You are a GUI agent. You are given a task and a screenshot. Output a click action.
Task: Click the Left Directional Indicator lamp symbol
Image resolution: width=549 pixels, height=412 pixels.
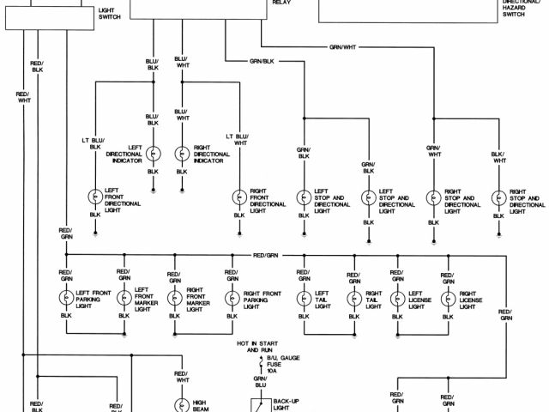(153, 154)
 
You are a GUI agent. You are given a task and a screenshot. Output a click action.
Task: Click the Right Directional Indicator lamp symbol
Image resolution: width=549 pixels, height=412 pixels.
(182, 154)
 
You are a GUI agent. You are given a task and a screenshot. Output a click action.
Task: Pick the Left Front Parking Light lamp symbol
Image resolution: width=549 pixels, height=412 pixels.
(65, 298)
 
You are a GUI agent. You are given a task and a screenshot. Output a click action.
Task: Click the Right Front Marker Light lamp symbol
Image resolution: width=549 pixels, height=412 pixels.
(175, 298)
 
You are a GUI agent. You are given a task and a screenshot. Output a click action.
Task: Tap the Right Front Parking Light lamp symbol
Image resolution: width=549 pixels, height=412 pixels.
(231, 298)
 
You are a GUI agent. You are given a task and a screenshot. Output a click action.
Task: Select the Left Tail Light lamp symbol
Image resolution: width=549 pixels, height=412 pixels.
(303, 298)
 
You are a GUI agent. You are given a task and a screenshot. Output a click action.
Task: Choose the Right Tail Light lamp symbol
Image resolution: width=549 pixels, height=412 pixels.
(353, 298)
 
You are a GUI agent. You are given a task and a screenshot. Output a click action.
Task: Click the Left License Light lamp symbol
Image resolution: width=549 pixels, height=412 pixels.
(396, 298)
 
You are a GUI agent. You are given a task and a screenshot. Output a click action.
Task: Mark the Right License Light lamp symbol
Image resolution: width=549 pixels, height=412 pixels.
(446, 298)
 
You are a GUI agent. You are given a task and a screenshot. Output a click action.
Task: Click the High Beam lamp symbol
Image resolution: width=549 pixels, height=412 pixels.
(181, 403)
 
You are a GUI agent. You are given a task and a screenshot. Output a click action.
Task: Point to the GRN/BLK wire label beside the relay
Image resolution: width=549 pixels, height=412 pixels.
(262, 61)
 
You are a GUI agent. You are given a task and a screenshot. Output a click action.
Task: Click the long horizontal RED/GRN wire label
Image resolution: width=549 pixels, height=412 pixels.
(266, 256)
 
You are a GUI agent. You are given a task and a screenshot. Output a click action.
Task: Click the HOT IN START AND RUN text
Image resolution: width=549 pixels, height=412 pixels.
(255, 348)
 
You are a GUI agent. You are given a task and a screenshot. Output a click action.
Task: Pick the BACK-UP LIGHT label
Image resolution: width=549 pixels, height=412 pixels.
(286, 404)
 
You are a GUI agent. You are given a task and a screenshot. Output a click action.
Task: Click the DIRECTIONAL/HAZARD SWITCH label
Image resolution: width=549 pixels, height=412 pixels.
(514, 9)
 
